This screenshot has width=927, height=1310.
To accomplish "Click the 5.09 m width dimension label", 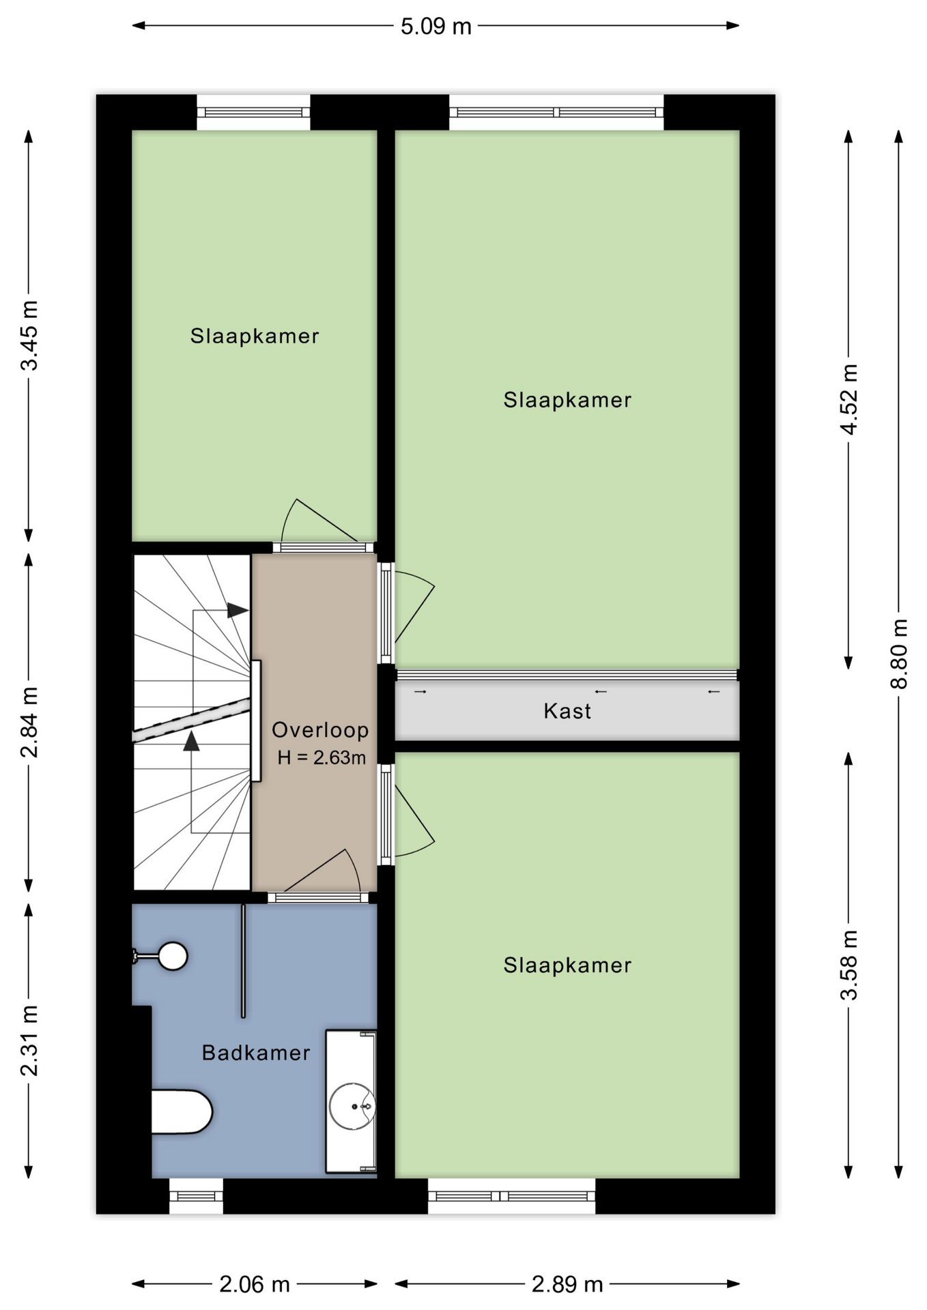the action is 436,27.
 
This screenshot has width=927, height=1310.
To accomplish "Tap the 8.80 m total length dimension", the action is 899,654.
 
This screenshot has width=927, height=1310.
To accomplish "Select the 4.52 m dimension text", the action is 848,399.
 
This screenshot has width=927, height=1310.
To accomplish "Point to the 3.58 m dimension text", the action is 848,965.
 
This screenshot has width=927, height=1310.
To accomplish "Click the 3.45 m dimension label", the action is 29,335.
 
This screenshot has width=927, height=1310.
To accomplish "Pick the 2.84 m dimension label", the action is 29,722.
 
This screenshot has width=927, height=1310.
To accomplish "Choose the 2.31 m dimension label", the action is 29,1040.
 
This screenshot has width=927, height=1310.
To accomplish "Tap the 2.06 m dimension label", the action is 255,1285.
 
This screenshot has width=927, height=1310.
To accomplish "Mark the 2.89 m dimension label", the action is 567,1285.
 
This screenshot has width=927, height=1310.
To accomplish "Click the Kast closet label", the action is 567,711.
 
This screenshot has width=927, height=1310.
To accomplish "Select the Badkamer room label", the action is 256,1053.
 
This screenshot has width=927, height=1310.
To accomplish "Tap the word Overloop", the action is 320,730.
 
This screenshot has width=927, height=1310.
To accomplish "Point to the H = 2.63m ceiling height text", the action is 322,757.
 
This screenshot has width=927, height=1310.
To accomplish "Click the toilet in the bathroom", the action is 182,1111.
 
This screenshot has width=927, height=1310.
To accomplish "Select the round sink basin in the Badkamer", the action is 352,1106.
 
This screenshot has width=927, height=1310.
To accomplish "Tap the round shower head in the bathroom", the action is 173,956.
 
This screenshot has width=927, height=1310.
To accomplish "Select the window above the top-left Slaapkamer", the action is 253,112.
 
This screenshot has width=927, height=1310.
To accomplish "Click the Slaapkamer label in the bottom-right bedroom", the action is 567,965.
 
